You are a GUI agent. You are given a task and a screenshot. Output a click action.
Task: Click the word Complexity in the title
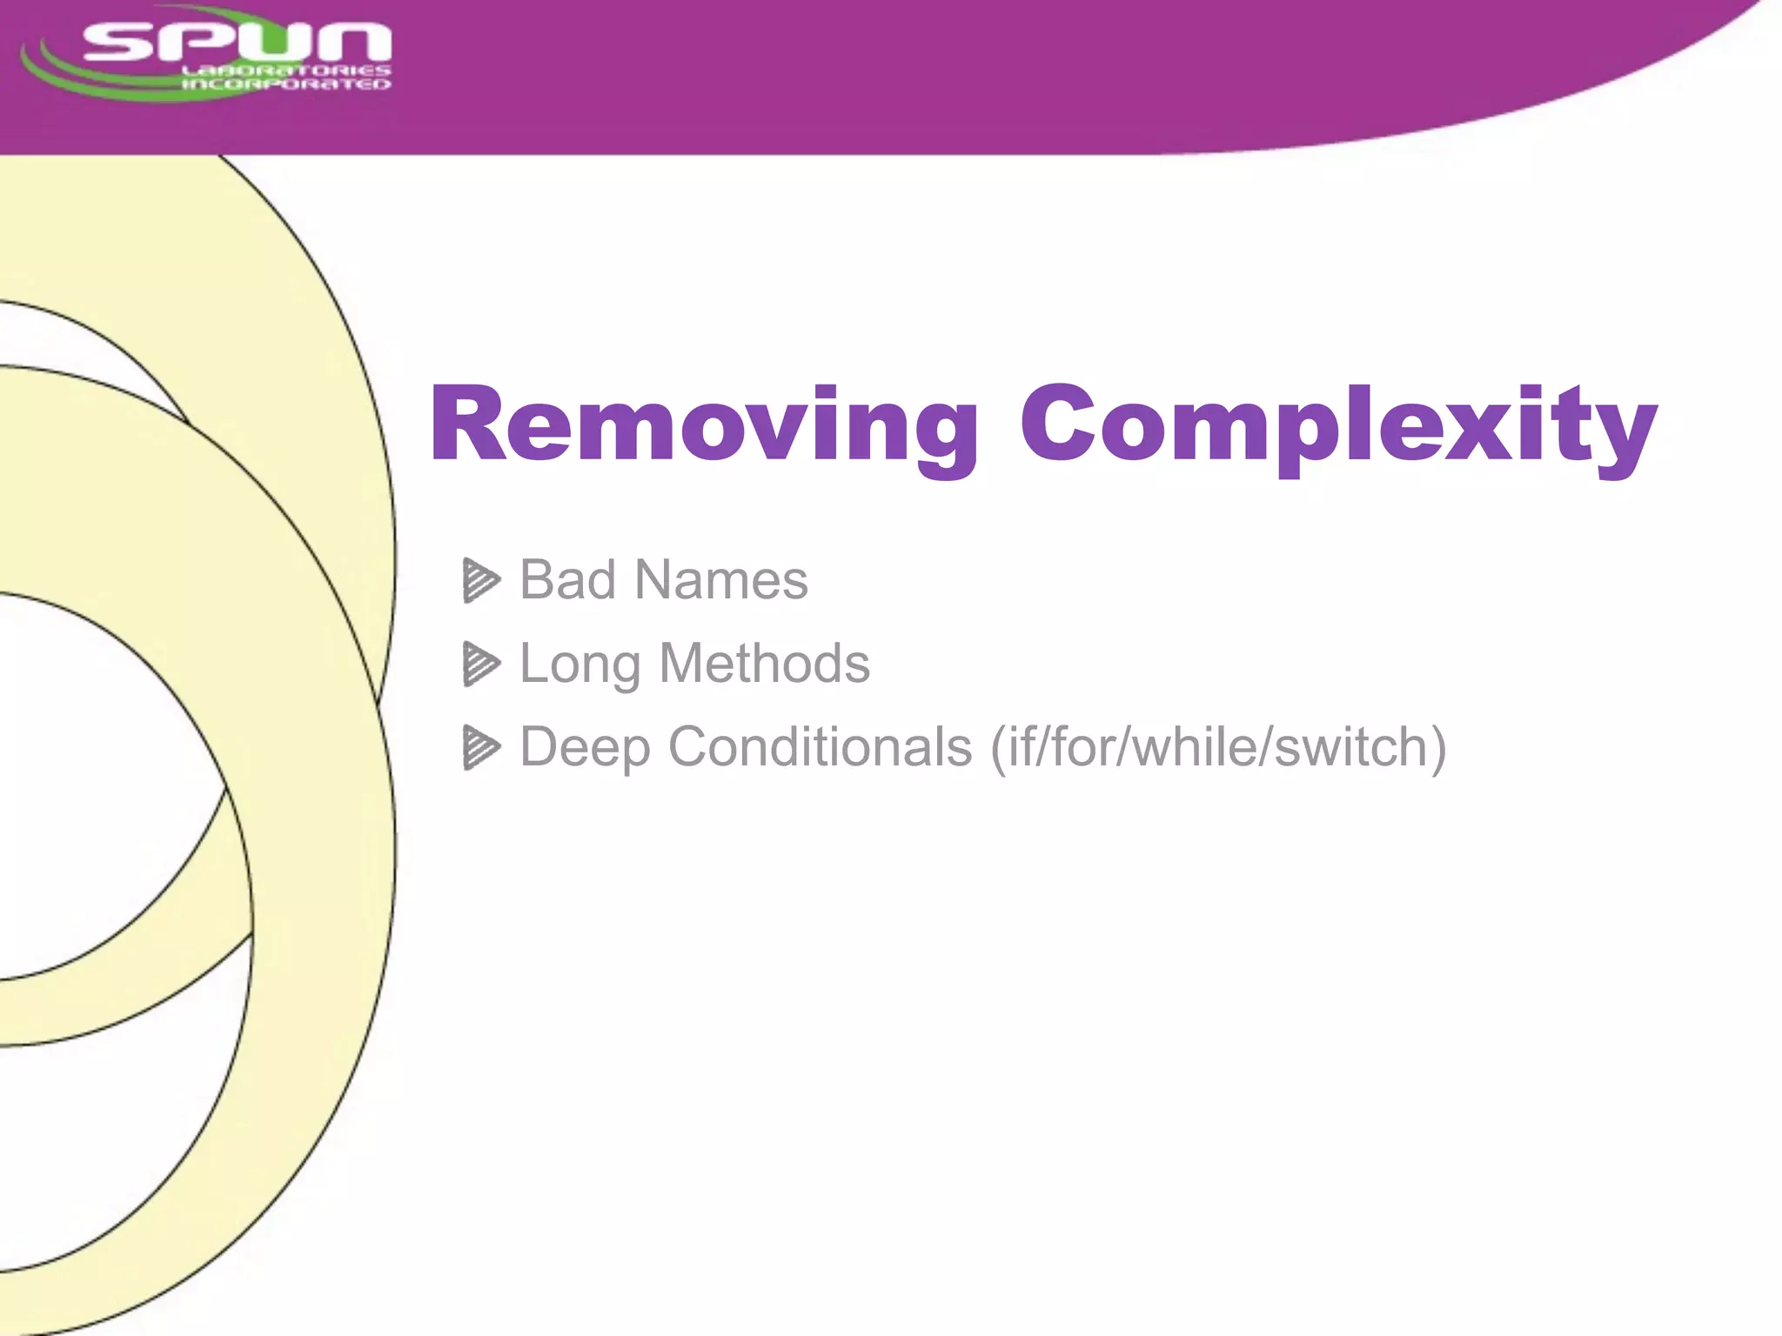(1338, 426)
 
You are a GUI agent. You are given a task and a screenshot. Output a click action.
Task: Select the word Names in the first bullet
(721, 580)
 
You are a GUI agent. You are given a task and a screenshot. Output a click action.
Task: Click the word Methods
(765, 664)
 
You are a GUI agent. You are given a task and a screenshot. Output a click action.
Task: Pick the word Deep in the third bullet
(585, 748)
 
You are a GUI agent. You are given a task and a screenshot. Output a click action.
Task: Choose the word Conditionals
(820, 746)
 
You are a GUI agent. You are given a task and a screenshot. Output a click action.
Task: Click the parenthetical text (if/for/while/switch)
(1218, 747)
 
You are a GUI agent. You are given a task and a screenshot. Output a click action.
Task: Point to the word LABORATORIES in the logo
(286, 70)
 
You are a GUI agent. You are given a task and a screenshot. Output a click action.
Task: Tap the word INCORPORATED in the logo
(286, 84)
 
